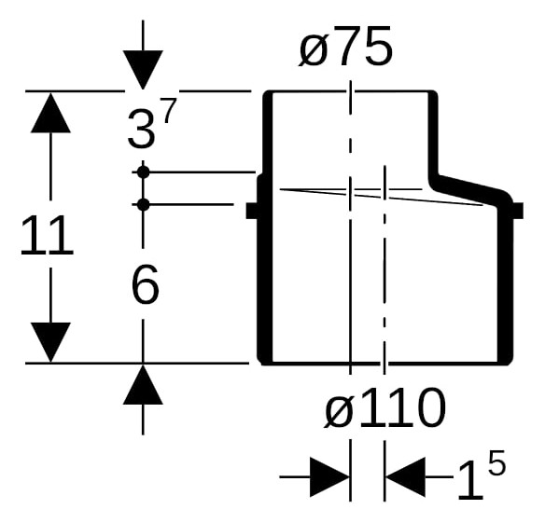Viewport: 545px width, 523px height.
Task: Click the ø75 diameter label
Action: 346,47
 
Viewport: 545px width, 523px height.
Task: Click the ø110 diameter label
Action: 384,407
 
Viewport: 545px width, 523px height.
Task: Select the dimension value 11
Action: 47,235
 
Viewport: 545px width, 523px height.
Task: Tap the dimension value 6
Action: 146,284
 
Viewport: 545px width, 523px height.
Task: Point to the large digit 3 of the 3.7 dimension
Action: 141,128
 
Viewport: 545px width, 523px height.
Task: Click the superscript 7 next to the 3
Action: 169,110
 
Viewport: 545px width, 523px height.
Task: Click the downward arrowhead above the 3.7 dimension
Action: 143,70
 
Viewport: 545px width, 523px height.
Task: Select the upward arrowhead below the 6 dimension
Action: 143,385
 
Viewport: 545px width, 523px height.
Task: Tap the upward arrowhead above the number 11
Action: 50,113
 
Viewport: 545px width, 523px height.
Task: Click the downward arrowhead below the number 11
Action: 50,342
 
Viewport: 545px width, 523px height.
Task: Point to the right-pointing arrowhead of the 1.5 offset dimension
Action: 329,477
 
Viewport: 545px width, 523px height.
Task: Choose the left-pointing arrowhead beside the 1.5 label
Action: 405,477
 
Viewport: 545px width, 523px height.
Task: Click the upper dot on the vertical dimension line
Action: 143,172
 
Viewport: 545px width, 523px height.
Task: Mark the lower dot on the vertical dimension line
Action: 143,204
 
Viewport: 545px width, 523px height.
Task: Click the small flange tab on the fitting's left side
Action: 252,211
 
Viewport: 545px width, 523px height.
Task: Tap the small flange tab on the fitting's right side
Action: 518,211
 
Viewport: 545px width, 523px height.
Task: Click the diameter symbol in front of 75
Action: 314,52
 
